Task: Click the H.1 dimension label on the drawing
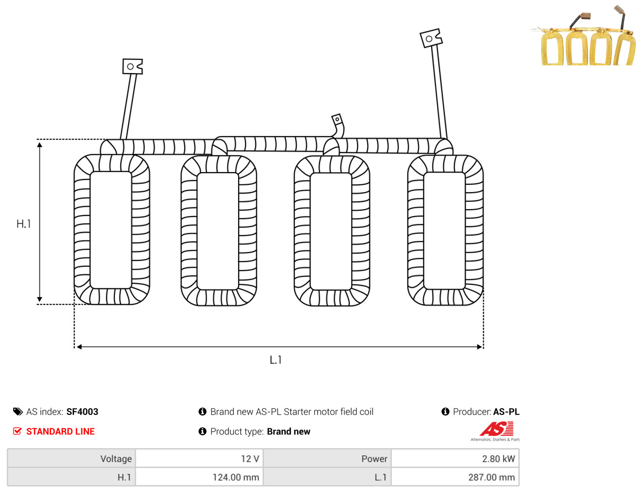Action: pyautogui.click(x=23, y=224)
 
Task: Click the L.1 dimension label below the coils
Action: pyautogui.click(x=276, y=360)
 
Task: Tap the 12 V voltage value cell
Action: pyautogui.click(x=199, y=458)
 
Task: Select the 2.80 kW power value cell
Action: pyautogui.click(x=455, y=458)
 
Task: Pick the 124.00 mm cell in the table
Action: pyautogui.click(x=199, y=477)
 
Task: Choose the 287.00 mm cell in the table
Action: pyautogui.click(x=455, y=477)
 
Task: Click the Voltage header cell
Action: pyautogui.click(x=72, y=458)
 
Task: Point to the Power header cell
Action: pyautogui.click(x=327, y=458)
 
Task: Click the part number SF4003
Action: pyautogui.click(x=82, y=412)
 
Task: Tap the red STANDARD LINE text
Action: pyautogui.click(x=60, y=431)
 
